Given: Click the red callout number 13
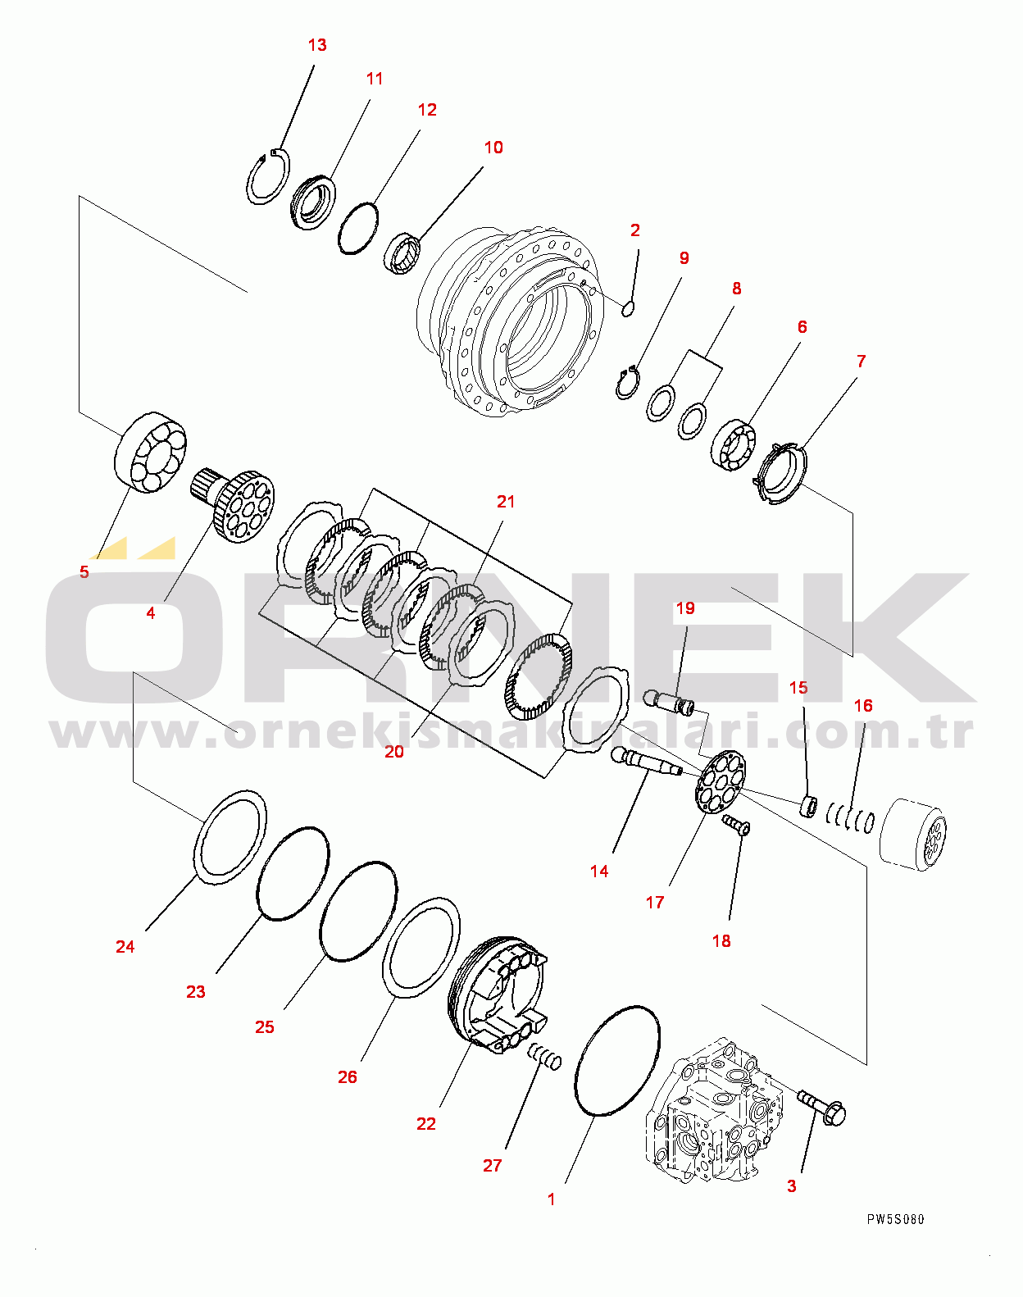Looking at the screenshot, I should [x=317, y=45].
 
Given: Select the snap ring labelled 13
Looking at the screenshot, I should [x=267, y=177].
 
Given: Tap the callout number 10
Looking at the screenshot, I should [x=493, y=148].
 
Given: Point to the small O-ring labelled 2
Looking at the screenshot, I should [x=628, y=308].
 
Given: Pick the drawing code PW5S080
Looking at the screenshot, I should [x=895, y=1219].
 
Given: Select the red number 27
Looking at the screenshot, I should [x=492, y=1165].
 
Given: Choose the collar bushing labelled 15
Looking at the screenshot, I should [x=808, y=805].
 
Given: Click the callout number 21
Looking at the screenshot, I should [x=506, y=502].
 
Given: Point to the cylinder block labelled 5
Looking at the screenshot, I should [x=150, y=453].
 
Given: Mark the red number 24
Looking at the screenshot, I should [x=125, y=947].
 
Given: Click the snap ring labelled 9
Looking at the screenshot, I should [x=628, y=384].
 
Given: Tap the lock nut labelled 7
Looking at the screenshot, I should [x=780, y=473].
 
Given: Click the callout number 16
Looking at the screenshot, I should [x=863, y=706].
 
